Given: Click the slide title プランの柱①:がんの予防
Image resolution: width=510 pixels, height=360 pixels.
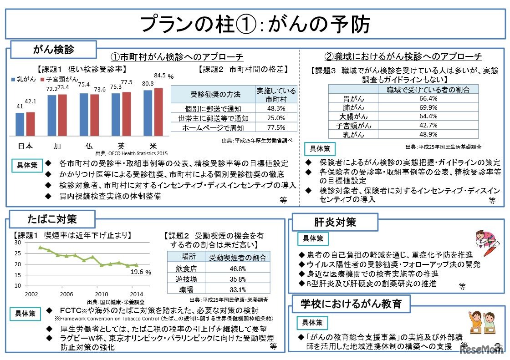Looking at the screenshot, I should (255, 23).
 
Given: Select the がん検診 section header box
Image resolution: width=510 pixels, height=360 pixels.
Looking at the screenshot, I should (54, 49).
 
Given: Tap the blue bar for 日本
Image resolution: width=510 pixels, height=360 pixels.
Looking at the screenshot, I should (20, 124).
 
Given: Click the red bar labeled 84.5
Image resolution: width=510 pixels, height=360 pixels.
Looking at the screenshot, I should (158, 112).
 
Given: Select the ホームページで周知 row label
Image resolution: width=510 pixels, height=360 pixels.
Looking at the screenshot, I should (213, 128).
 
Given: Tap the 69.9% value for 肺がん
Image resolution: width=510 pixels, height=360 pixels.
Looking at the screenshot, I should (428, 107).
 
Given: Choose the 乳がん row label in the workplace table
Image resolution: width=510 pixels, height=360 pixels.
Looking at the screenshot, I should (353, 134).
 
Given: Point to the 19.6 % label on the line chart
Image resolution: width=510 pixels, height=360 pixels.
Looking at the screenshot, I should (141, 272).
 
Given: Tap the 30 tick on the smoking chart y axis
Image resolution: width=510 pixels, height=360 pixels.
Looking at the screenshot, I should (18, 242).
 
